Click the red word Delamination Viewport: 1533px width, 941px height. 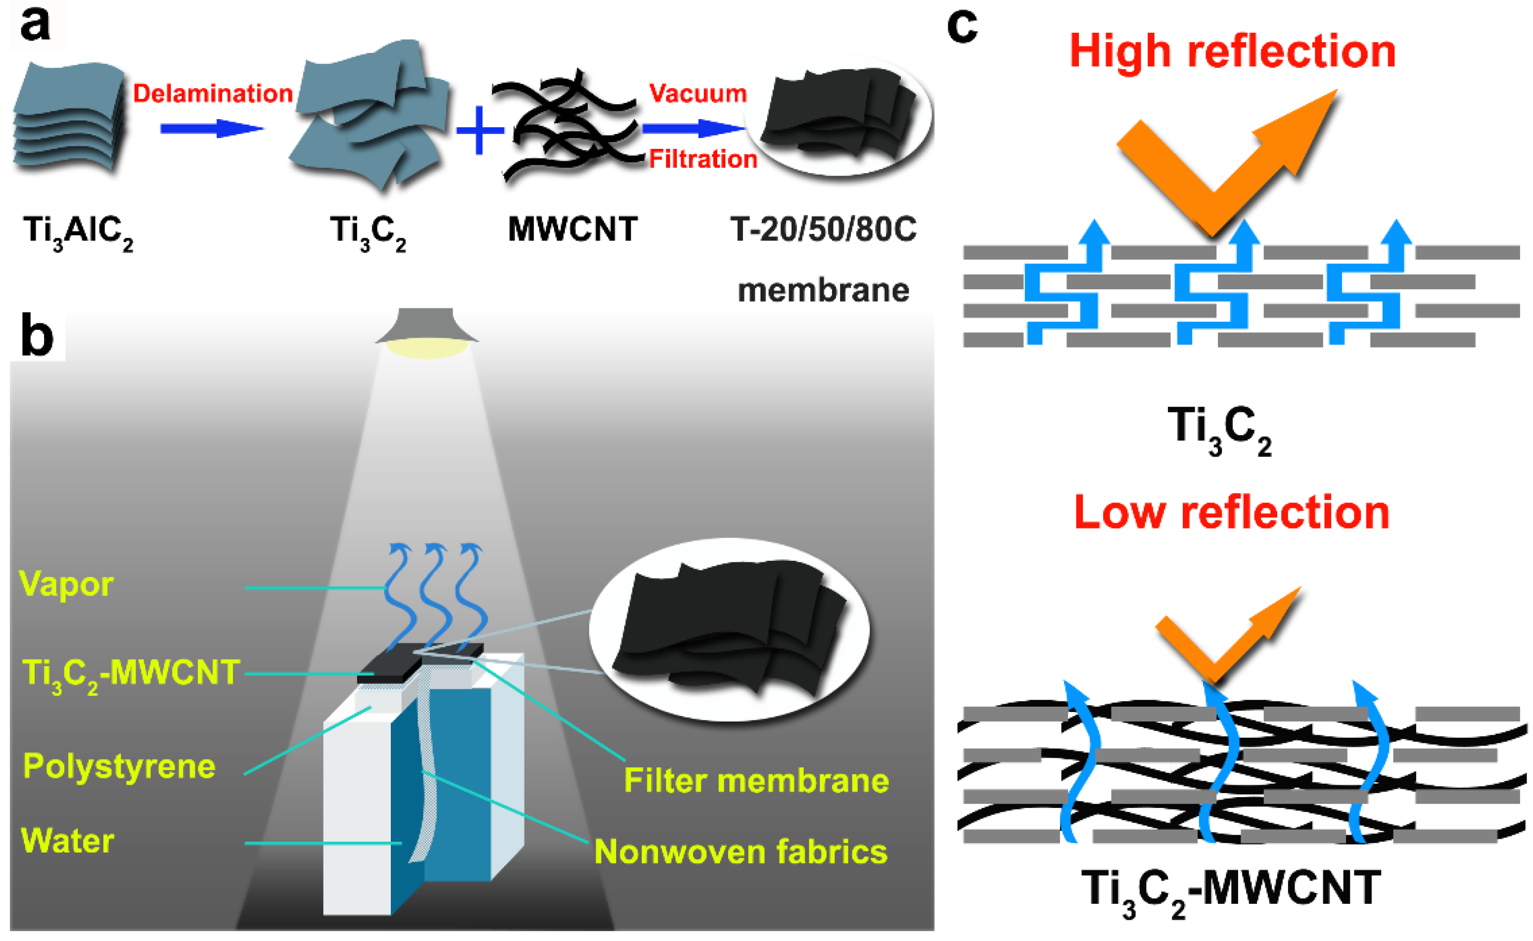(213, 93)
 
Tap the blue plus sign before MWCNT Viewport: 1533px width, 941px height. (480, 130)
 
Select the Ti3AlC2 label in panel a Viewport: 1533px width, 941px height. (78, 232)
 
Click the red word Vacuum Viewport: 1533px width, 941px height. (697, 93)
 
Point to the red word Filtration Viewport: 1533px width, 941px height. (703, 159)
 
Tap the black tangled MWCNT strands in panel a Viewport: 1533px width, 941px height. (566, 128)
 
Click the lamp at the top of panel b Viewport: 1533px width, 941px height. (426, 333)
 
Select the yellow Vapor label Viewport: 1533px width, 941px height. (66, 585)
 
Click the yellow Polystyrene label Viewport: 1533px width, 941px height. (119, 766)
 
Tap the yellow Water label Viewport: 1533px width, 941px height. (67, 841)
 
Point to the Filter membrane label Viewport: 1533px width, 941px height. (756, 780)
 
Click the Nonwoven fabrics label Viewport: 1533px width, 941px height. (741, 851)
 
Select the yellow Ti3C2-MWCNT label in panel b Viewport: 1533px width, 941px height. (131, 674)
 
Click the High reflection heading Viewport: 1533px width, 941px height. (1232, 51)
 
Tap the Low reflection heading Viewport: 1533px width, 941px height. (1232, 512)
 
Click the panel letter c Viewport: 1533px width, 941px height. (962, 26)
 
